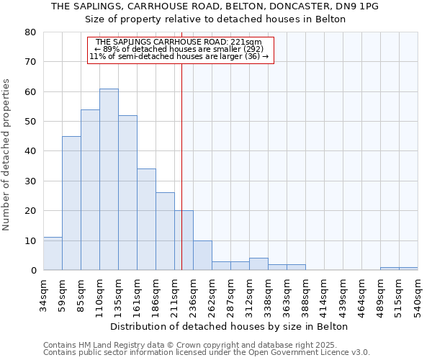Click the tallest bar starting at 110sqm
[109, 180]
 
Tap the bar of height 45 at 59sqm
[71, 204]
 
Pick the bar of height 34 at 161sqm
[146, 220]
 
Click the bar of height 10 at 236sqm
[202, 256]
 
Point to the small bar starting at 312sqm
[258, 264]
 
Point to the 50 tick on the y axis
[30, 122]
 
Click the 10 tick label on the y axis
[30, 240]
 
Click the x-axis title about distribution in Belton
[230, 326]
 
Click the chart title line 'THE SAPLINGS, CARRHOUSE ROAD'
[215, 6]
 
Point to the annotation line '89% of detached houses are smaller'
[180, 49]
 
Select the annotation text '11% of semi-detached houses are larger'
[180, 56]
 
